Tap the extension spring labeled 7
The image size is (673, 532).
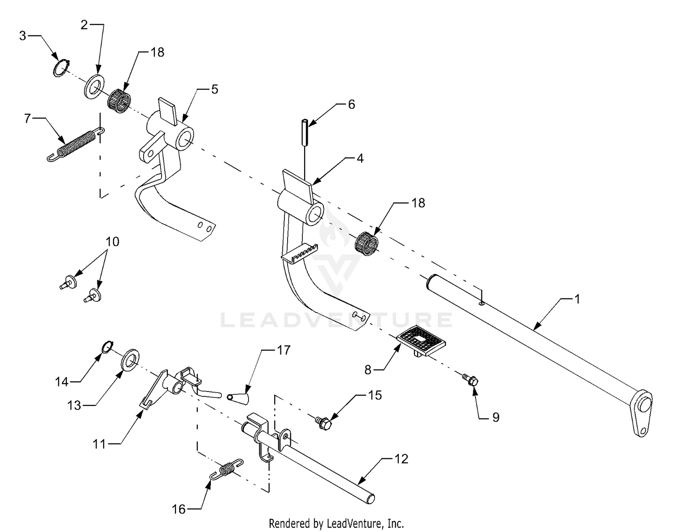pyautogui.click(x=76, y=145)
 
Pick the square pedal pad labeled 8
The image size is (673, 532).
pyautogui.click(x=421, y=341)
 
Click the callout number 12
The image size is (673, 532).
pyautogui.click(x=401, y=459)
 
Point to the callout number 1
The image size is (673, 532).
pyautogui.click(x=577, y=299)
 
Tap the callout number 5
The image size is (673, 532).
pyautogui.click(x=214, y=89)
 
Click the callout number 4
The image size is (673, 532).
pyautogui.click(x=360, y=158)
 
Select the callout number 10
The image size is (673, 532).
pyautogui.click(x=112, y=242)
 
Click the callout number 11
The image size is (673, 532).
pyautogui.click(x=100, y=444)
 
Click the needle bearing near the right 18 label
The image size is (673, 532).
pyautogui.click(x=367, y=244)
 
